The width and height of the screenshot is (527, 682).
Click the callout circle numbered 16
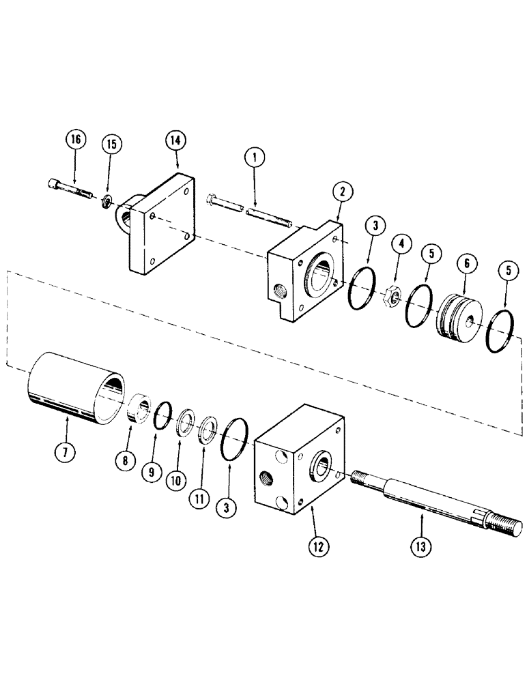75,140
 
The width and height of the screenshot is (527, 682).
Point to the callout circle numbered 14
177,142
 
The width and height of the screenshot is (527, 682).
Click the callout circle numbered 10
177,479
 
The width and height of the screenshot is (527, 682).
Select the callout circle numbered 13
421,545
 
